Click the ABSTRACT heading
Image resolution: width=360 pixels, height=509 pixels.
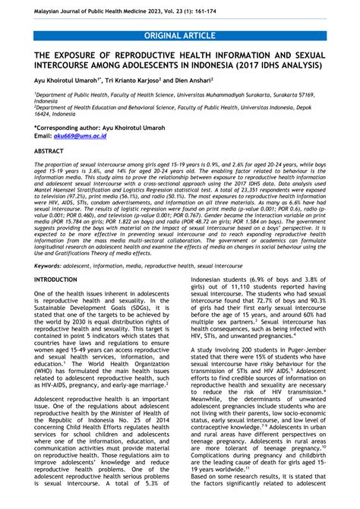[x=48, y=161]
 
